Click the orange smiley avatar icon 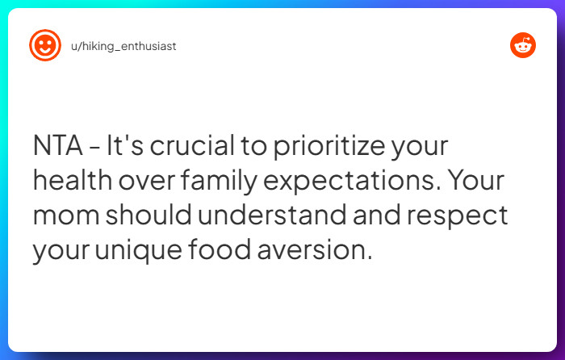(45, 45)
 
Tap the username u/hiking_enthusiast (123, 46)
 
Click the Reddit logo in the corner (523, 45)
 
